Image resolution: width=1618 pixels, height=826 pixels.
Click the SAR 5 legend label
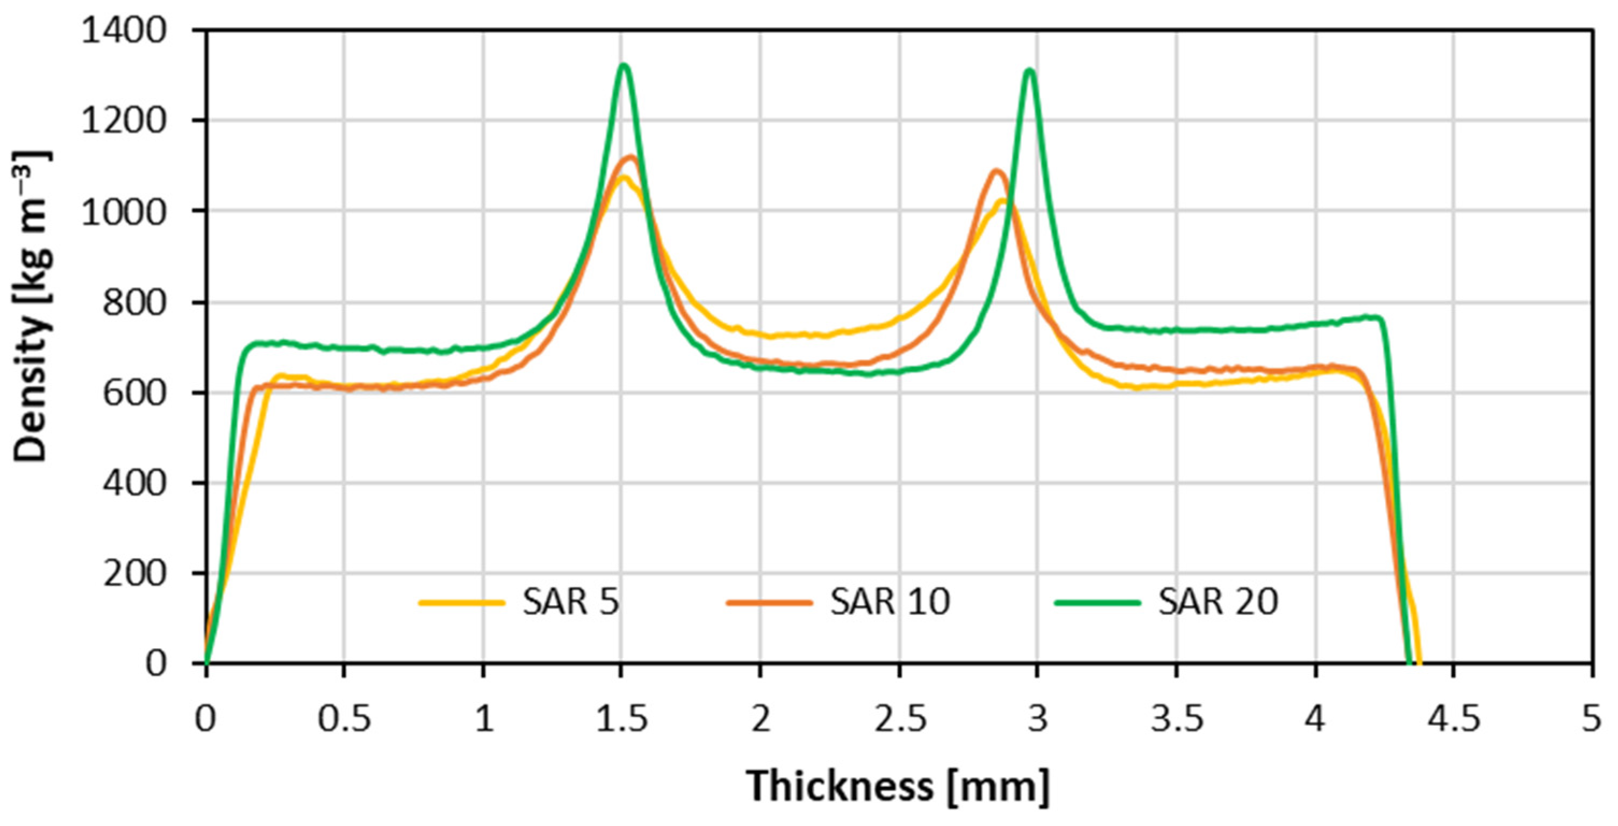click(571, 602)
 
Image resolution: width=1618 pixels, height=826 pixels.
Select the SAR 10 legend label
click(890, 602)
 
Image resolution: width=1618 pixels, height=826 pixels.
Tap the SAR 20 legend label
click(1218, 602)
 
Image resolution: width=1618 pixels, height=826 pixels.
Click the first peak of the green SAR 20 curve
click(623, 66)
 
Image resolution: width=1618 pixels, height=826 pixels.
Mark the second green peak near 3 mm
click(1029, 70)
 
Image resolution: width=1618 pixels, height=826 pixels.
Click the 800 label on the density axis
click(134, 302)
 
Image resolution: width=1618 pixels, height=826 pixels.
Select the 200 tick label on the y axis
click(134, 573)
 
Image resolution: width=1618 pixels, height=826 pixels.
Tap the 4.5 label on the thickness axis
click(1453, 718)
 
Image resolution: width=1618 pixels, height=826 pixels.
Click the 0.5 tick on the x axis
click(344, 718)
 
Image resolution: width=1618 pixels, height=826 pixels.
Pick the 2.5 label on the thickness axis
click(899, 718)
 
